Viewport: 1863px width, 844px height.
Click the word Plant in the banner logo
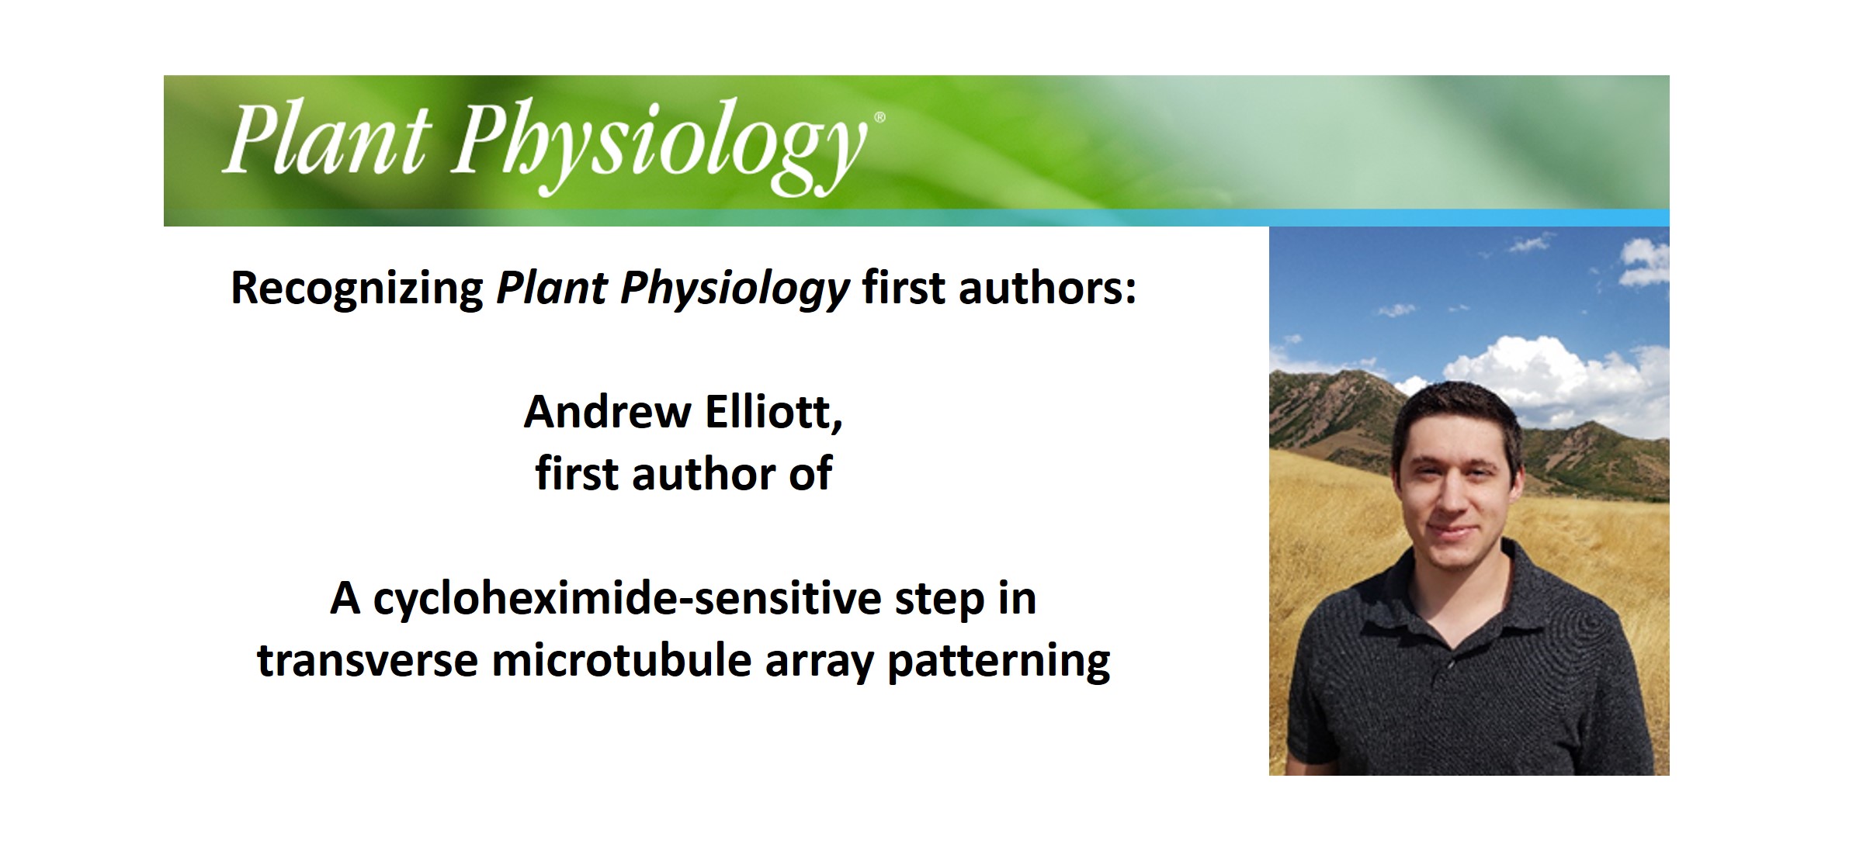click(x=326, y=140)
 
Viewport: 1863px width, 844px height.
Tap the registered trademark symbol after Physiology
click(x=879, y=118)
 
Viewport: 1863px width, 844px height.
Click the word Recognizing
click(x=357, y=289)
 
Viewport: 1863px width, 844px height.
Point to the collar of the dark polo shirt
click(x=1397, y=613)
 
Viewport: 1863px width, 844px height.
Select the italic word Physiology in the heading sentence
click(x=734, y=289)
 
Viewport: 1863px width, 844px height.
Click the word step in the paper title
click(x=939, y=599)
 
